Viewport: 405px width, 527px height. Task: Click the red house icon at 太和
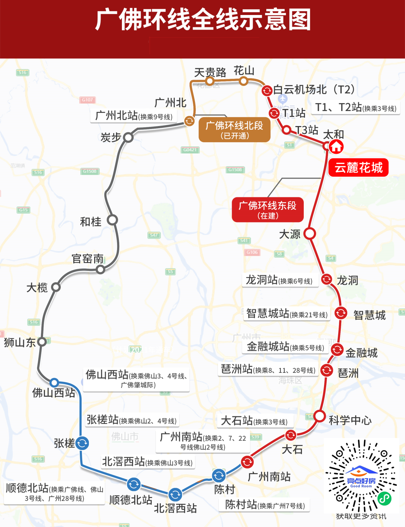336,147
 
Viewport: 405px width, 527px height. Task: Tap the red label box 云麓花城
358,168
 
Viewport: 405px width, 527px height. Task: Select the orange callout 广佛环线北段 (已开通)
234,129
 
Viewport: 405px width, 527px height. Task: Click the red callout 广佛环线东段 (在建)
267,210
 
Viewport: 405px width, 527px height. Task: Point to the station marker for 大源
310,233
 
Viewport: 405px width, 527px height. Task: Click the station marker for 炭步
128,137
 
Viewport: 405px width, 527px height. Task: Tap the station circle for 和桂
112,220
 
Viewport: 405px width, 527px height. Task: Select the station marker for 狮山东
42,341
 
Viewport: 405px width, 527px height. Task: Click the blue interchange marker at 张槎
82,443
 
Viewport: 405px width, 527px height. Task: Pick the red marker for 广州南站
247,462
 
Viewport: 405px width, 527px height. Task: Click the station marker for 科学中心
319,416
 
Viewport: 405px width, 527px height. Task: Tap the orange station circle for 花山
244,81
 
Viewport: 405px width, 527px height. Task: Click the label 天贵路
210,72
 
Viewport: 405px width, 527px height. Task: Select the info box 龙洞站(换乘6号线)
279,281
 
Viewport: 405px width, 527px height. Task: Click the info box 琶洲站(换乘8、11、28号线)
268,370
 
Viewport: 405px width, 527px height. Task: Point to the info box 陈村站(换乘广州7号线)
265,505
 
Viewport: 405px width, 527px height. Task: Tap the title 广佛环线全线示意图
202,21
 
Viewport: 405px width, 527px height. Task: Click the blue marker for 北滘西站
175,494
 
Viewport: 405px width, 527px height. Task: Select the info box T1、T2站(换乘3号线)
355,108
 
